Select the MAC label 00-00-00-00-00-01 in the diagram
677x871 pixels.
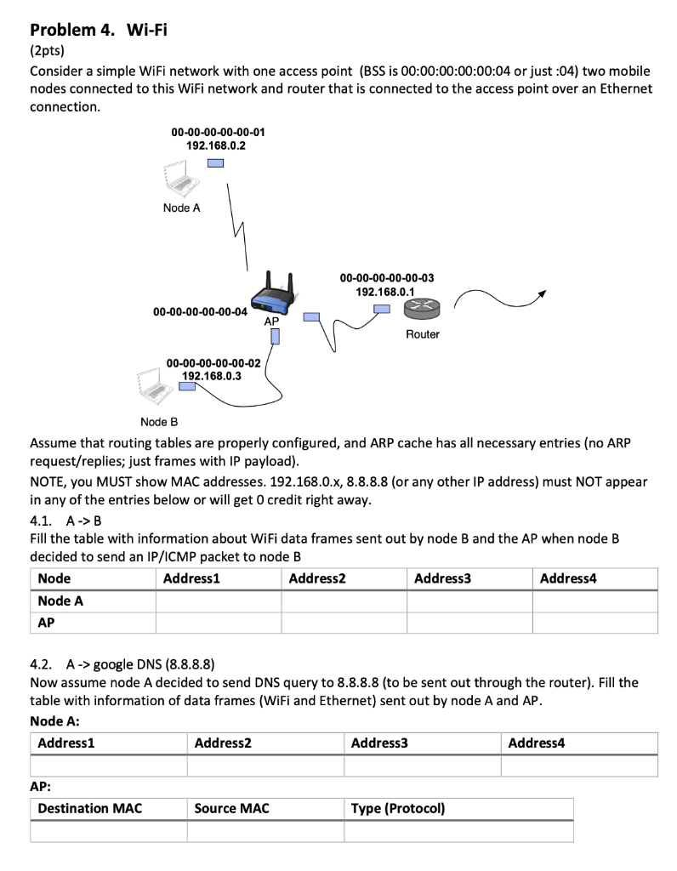pos(218,132)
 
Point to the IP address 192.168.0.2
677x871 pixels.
pos(216,145)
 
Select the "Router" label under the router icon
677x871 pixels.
pos(422,334)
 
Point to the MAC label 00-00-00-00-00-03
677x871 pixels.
pos(386,277)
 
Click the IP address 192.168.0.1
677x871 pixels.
pos(385,291)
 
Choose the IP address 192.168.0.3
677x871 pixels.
pos(211,375)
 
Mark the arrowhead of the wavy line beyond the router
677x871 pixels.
pos(540,293)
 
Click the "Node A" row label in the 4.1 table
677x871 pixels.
pos(60,601)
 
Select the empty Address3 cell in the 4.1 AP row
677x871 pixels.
pos(469,623)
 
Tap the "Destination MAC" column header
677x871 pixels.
pos(90,808)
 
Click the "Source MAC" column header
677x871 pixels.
pos(231,808)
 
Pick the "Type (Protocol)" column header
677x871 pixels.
pos(398,808)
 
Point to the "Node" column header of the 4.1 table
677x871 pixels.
pos(54,578)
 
